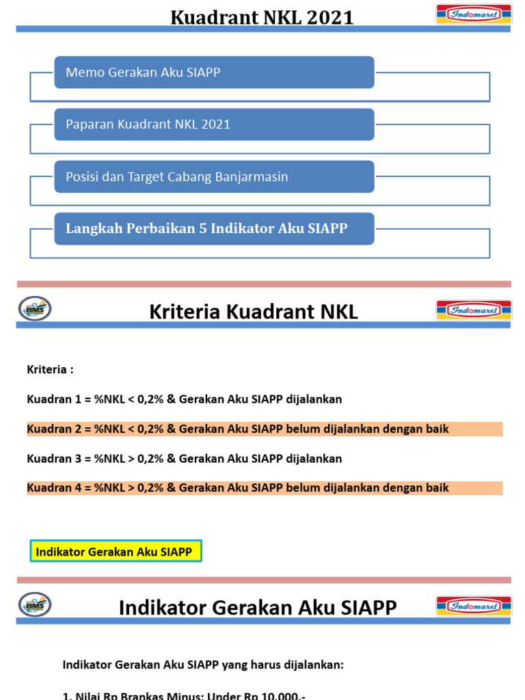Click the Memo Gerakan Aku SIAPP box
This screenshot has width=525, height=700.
pos(214,72)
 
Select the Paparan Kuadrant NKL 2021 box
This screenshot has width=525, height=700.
pos(214,124)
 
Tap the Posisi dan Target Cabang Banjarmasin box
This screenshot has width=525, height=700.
pos(214,176)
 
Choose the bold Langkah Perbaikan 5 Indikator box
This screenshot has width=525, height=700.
pos(214,228)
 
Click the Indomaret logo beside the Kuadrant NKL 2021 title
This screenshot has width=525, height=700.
pos(474,14)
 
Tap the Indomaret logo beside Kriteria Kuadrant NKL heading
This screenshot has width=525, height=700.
pos(474,310)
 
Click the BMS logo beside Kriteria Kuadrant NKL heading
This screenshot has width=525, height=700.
pos(35,309)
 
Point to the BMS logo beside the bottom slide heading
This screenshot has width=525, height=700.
pos(35,604)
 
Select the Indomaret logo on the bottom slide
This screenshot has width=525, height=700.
pos(474,606)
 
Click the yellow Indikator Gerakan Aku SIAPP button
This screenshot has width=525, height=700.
pos(116,551)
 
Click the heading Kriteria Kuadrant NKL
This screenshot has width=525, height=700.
pos(253,312)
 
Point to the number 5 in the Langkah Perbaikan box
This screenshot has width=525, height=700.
pos(202,228)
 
